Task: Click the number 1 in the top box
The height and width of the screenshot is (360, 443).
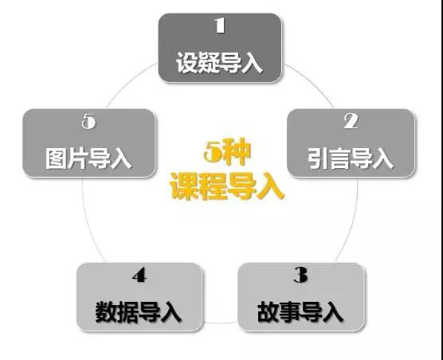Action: tap(220, 25)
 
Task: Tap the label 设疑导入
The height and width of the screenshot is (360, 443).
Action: tap(220, 63)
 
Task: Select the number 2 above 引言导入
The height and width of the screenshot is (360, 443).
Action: tap(351, 122)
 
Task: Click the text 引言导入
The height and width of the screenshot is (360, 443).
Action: tap(351, 158)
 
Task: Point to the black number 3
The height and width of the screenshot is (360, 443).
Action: tap(300, 275)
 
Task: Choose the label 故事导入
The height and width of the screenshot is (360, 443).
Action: tap(300, 311)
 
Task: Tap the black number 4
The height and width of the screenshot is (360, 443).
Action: tap(139, 275)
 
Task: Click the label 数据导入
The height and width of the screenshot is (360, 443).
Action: tap(139, 312)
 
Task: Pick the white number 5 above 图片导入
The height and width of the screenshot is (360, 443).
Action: tap(88, 122)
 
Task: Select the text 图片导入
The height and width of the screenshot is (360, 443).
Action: tap(88, 158)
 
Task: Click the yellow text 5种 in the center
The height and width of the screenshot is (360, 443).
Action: tap(227, 154)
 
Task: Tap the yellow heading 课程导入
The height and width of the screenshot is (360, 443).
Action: tap(227, 186)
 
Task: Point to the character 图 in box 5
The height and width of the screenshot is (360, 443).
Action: tap(56, 158)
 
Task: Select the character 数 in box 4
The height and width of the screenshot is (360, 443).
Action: tap(106, 312)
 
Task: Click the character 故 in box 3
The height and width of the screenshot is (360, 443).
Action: tap(269, 311)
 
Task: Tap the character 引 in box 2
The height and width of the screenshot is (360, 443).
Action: tap(318, 158)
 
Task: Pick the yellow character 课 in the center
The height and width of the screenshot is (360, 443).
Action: tap(183, 186)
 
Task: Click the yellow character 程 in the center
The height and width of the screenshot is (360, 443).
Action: tap(213, 186)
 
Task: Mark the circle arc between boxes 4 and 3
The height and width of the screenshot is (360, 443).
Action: tap(220, 323)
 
